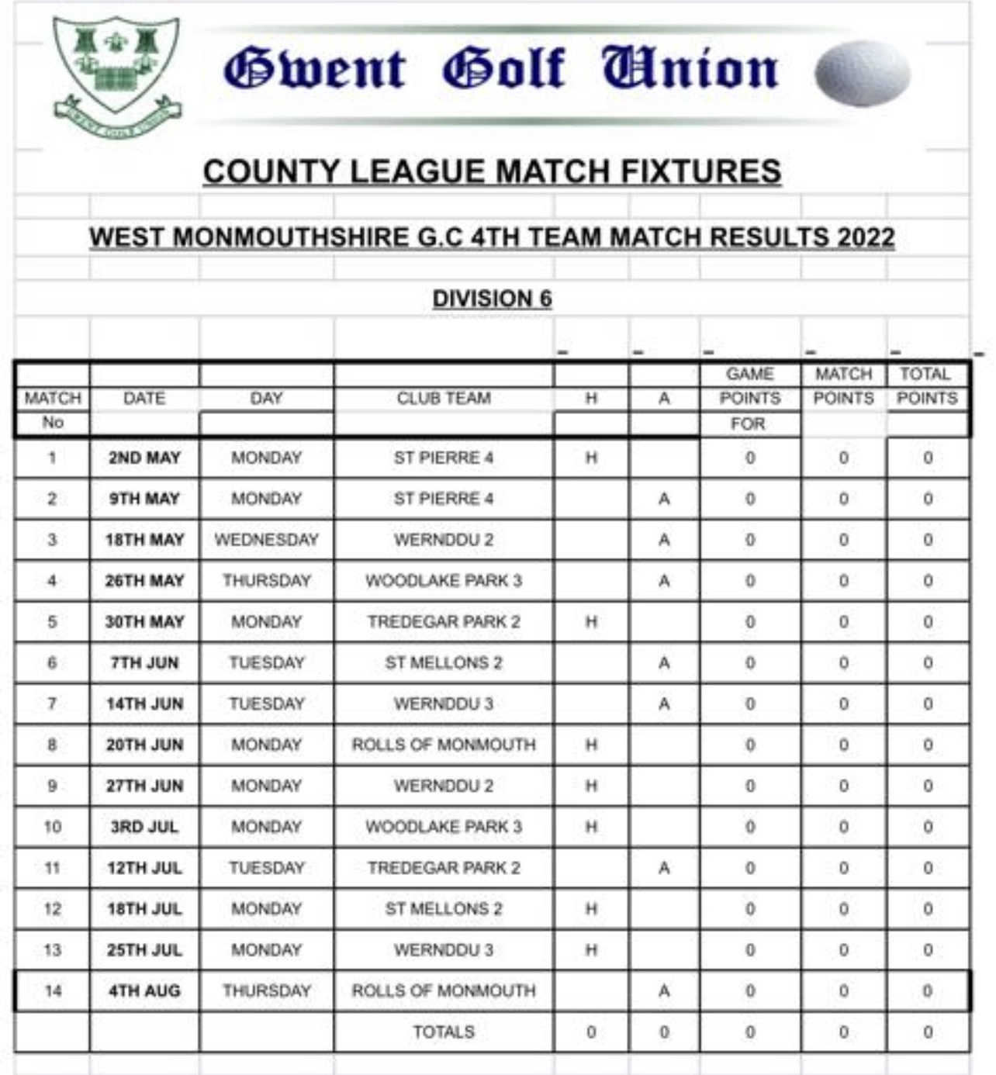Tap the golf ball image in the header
tap(862, 73)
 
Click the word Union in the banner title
tap(690, 68)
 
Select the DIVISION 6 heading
tap(492, 299)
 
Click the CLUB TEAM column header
tap(444, 399)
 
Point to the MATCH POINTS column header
tap(843, 386)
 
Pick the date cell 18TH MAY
tap(144, 540)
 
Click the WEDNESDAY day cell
tap(266, 540)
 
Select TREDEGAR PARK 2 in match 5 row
tap(444, 622)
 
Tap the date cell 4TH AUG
tap(144, 991)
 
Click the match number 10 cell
tap(52, 827)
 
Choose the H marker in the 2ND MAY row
tap(591, 458)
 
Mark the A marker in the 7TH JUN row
tap(664, 663)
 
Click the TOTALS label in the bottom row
tap(444, 1032)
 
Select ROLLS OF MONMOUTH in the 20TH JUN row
tap(444, 745)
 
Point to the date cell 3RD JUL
tap(144, 827)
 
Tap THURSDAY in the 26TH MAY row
tap(266, 581)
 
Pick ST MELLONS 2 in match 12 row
tap(444, 909)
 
